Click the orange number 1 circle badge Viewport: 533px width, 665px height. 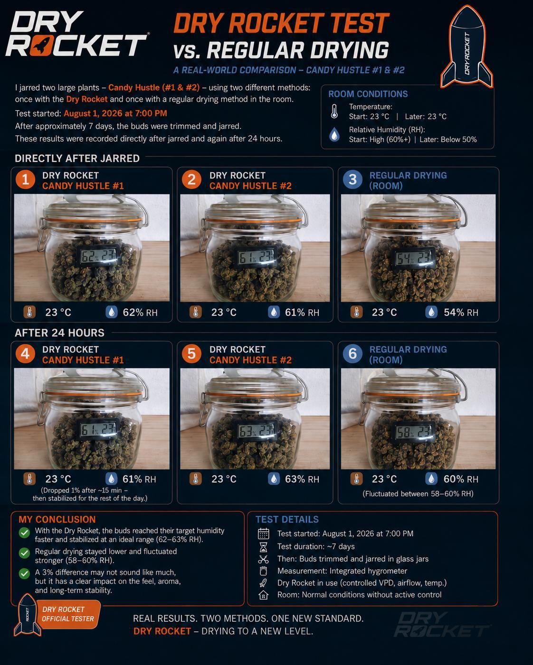pyautogui.click(x=25, y=179)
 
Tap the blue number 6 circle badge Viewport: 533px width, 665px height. pyautogui.click(x=352, y=353)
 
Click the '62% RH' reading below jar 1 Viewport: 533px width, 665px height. pyautogui.click(x=140, y=313)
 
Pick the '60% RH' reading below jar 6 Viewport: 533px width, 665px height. pyautogui.click(x=461, y=479)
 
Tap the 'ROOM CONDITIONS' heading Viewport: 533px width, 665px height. pyautogui.click(x=368, y=94)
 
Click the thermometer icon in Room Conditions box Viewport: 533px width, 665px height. pyautogui.click(x=334, y=111)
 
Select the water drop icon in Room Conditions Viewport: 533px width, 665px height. pyautogui.click(x=334, y=135)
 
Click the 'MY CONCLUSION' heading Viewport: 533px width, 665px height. pyautogui.click(x=57, y=519)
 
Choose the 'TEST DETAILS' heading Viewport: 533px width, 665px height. pyautogui.click(x=287, y=519)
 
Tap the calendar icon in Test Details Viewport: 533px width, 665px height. pyautogui.click(x=263, y=534)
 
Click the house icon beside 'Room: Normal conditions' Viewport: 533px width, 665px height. pyautogui.click(x=263, y=594)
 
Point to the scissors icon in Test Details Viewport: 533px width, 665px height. pyautogui.click(x=263, y=559)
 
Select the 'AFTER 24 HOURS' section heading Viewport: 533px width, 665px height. pyautogui.click(x=59, y=333)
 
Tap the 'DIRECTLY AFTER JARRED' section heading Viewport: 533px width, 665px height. pyautogui.click(x=77, y=158)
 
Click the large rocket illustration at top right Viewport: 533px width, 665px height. pyautogui.click(x=466, y=46)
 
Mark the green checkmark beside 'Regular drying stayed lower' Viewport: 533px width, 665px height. pyautogui.click(x=24, y=553)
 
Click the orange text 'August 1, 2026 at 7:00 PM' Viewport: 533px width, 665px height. pyautogui.click(x=115, y=113)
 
